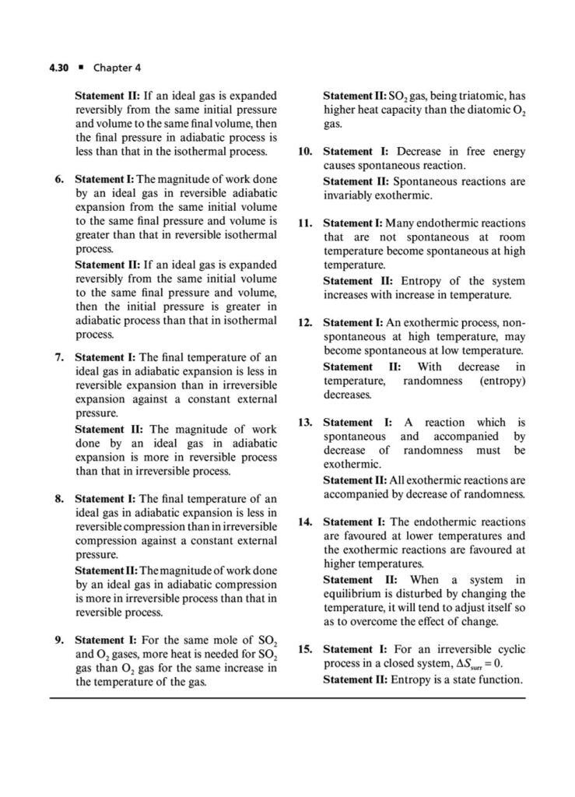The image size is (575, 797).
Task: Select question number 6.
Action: tap(59, 180)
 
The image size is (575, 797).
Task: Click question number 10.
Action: tap(305, 152)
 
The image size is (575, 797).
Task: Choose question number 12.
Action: tap(305, 322)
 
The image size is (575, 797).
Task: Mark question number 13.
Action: tap(305, 422)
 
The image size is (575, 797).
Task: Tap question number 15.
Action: tap(305, 648)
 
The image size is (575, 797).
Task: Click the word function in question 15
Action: tap(498, 679)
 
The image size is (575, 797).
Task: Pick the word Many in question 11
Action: tap(400, 223)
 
